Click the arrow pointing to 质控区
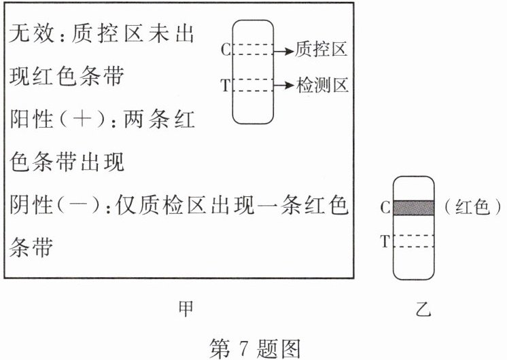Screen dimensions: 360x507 point(283,50)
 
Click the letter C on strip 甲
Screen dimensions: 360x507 point(226,50)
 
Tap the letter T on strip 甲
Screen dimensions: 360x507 point(226,86)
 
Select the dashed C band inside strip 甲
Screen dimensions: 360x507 point(253,50)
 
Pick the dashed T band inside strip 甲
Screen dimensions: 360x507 point(253,85)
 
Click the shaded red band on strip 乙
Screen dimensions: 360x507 point(413,207)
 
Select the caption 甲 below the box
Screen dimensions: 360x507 point(185,309)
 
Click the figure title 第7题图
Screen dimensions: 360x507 point(253,346)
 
